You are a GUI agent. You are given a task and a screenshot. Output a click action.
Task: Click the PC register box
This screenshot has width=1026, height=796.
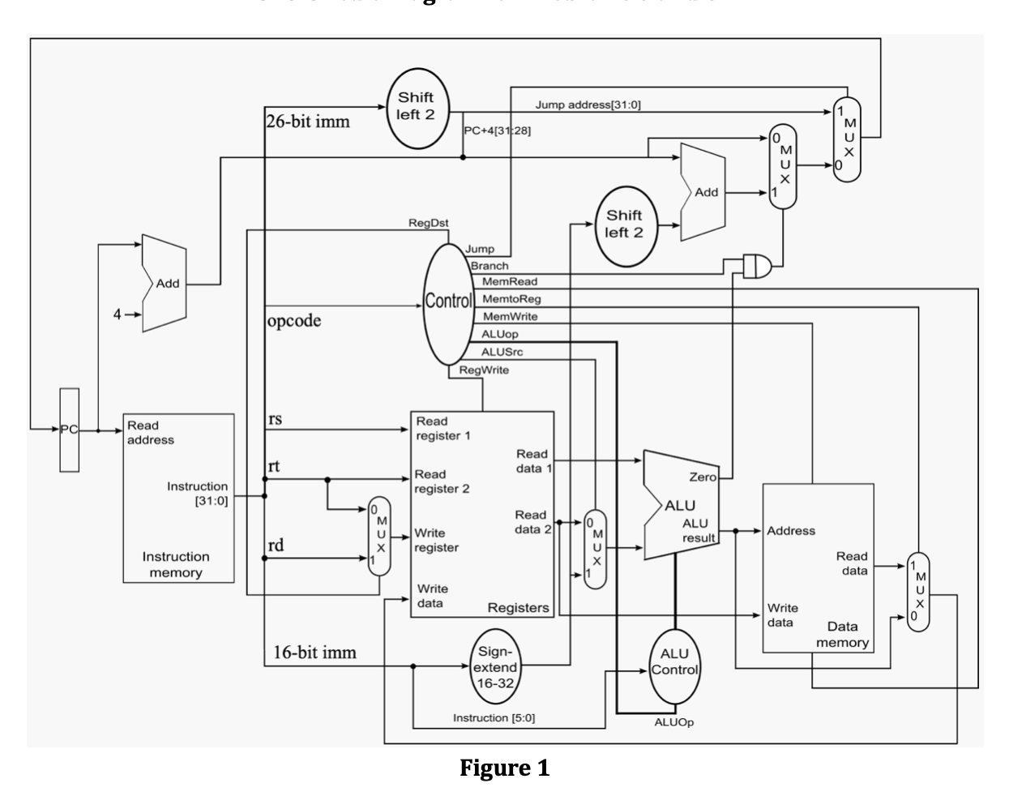69,430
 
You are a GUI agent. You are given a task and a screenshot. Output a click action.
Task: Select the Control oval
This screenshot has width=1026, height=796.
448,302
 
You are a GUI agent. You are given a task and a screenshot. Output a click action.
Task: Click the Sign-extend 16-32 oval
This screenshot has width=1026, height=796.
494,667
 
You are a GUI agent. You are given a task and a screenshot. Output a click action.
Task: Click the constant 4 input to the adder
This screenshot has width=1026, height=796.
118,315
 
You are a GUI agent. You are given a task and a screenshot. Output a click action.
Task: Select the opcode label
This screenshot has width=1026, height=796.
293,320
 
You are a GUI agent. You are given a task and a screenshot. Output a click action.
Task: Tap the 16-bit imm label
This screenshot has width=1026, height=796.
314,652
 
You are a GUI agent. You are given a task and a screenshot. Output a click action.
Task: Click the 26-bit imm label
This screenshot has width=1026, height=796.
308,122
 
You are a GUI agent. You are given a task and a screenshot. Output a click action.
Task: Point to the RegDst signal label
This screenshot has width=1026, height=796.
429,223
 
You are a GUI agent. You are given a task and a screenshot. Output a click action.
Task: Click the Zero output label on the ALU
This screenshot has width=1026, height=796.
702,477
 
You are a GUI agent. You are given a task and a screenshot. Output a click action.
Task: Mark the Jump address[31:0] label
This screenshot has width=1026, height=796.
588,105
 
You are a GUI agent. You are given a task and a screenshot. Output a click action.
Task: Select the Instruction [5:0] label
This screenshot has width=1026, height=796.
494,717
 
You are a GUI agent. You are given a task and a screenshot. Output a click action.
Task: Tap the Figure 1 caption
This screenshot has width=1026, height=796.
504,767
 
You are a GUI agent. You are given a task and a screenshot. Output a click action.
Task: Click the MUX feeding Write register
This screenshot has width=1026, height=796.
378,536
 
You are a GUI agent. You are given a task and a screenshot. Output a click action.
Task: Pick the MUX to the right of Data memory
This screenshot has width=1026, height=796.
918,592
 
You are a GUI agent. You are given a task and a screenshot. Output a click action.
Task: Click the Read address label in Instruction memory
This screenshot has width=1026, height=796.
150,432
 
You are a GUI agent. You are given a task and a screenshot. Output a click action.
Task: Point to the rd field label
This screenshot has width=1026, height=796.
276,545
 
